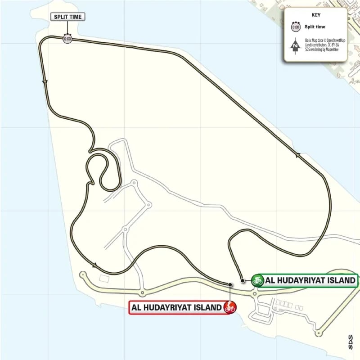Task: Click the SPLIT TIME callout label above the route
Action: [x=67, y=17]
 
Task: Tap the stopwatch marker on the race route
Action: [x=67, y=39]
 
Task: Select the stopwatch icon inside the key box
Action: [x=296, y=27]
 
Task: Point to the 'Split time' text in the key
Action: [x=315, y=27]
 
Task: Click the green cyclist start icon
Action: [x=257, y=280]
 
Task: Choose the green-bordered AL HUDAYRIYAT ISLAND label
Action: [x=311, y=280]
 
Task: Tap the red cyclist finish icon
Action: [x=230, y=308]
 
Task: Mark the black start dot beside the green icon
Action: [x=243, y=280]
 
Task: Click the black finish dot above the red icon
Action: [x=230, y=284]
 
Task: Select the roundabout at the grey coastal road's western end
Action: [x=82, y=274]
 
